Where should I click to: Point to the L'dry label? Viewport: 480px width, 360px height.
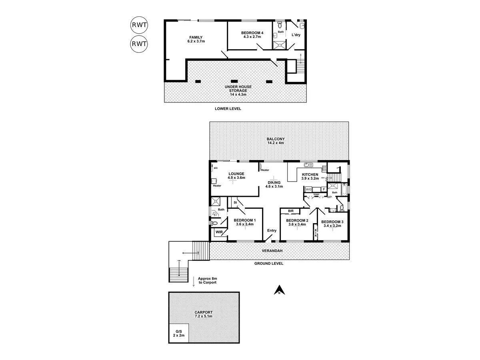[x=296, y=35]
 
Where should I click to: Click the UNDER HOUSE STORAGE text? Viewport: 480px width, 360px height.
[x=235, y=90]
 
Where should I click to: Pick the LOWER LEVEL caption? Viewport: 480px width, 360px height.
[x=228, y=109]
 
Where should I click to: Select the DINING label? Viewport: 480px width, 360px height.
[x=274, y=182]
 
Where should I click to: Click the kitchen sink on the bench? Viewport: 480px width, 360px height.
[x=308, y=164]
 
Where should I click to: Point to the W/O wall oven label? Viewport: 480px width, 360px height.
[x=308, y=190]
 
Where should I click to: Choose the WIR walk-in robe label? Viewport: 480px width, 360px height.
[x=219, y=232]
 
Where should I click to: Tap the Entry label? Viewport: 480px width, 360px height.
[x=272, y=230]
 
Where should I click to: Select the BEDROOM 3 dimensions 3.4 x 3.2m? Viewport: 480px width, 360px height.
[x=332, y=226]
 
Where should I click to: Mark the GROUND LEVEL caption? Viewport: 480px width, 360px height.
[x=269, y=264]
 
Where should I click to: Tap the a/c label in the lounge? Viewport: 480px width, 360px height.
[x=216, y=168]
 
